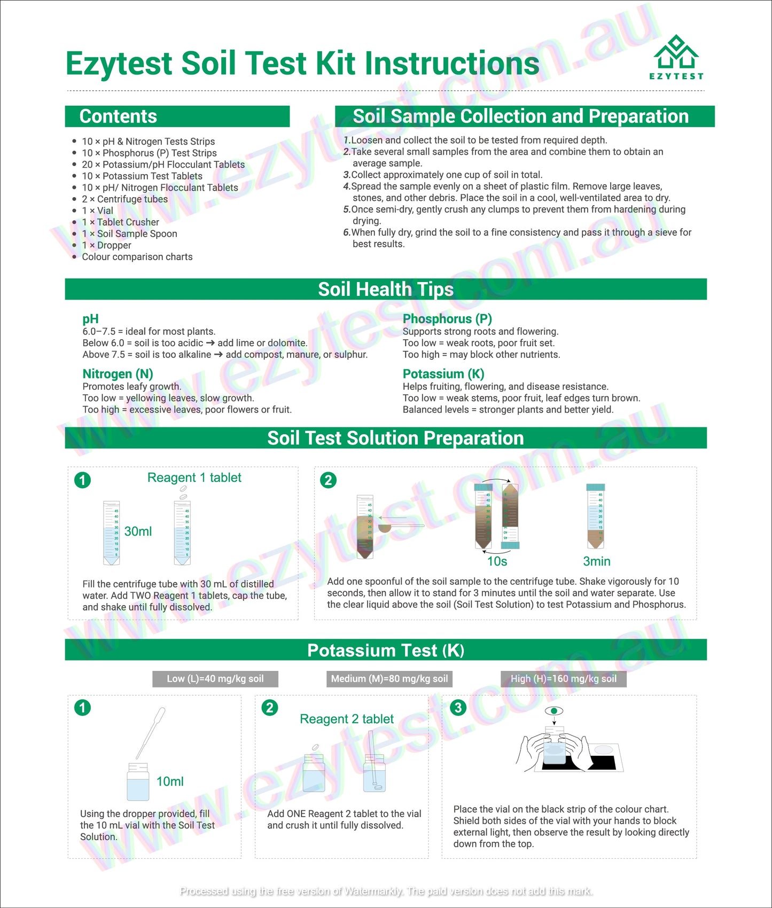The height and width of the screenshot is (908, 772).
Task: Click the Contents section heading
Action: tap(118, 116)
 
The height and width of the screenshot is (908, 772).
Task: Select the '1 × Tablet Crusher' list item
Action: tap(120, 222)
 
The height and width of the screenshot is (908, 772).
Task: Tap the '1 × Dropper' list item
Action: tap(106, 245)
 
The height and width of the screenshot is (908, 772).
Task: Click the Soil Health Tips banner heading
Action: tap(385, 289)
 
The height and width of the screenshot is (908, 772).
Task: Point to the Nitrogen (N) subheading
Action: tap(118, 374)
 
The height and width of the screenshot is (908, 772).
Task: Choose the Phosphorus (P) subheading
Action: tap(447, 319)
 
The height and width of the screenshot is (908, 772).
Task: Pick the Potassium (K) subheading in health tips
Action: tap(443, 374)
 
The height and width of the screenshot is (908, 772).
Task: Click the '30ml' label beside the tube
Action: tap(138, 531)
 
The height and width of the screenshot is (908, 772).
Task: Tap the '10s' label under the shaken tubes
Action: tap(497, 561)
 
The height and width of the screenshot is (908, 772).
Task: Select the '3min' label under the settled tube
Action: tap(596, 561)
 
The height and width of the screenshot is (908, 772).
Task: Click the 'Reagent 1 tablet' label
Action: tap(194, 478)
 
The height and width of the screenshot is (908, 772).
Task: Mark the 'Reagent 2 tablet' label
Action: tap(347, 719)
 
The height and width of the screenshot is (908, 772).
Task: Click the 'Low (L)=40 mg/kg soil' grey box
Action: tap(215, 679)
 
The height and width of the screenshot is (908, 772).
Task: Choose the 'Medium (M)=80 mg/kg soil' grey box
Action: tap(389, 679)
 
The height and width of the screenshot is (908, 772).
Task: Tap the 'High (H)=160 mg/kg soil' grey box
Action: tap(564, 679)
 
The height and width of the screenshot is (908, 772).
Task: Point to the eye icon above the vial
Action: tap(554, 711)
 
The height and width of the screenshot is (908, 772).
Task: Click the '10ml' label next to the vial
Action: tap(170, 781)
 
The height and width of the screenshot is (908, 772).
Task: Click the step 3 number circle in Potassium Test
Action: tap(458, 708)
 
